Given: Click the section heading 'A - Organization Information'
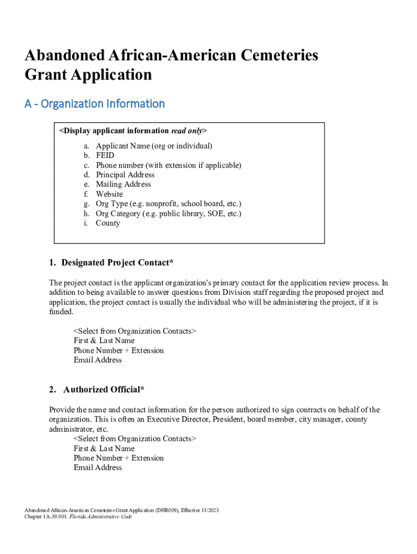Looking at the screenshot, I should pos(94,103).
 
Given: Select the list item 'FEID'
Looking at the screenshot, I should pos(105,155).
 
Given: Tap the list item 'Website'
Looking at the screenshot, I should pos(109,194).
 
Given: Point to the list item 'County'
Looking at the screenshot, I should pos(108,223).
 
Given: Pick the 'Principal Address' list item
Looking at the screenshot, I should pos(125,175).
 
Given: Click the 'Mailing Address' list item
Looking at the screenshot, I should pos(123,184).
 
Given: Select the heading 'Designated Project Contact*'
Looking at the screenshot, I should pos(118,263).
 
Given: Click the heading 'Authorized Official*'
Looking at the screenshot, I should pos(104,390).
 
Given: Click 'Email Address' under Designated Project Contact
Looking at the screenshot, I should pos(97,360).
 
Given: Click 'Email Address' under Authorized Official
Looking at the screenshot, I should pos(97,467).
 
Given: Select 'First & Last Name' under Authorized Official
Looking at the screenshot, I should pos(104,449).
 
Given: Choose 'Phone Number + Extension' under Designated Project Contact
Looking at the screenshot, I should pos(119,350).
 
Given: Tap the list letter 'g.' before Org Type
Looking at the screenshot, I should pos(87,203).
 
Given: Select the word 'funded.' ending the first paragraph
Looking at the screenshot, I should pos(61,312).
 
